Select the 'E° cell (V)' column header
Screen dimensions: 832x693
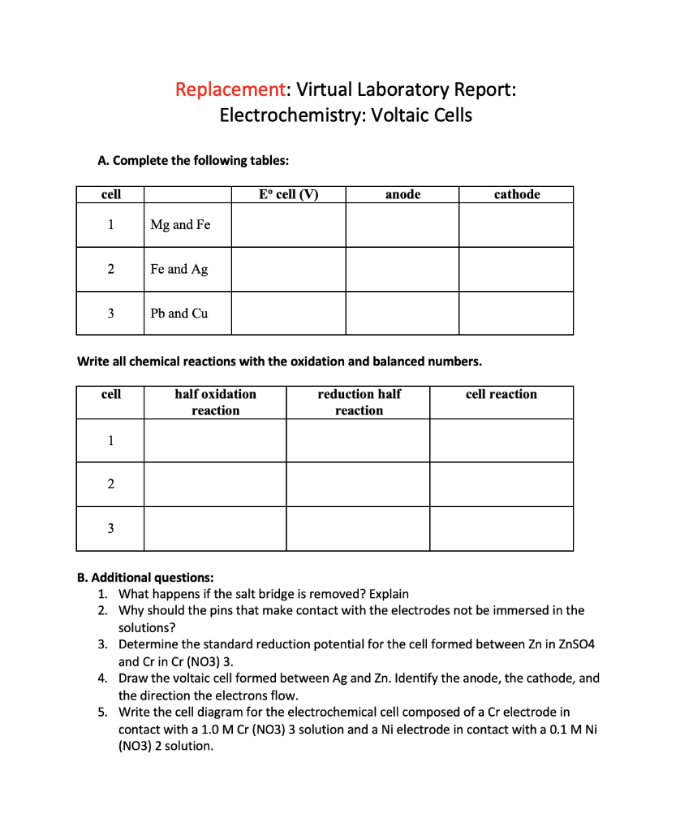click(288, 194)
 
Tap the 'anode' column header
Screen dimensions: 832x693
click(402, 194)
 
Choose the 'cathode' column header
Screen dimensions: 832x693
click(516, 194)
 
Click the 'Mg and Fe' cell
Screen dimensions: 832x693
click(180, 225)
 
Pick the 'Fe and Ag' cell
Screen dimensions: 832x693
click(179, 269)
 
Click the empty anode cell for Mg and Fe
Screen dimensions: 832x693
click(402, 225)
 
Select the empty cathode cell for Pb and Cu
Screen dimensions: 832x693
click(516, 313)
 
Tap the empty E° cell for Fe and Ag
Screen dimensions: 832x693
click(288, 269)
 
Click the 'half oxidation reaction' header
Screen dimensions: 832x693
click(215, 402)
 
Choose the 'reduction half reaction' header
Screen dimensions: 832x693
click(359, 402)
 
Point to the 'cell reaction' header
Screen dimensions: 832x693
click(501, 395)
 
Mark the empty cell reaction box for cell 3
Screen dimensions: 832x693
click(501, 529)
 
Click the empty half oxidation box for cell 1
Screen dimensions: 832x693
click(215, 441)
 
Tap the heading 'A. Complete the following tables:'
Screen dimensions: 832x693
click(192, 160)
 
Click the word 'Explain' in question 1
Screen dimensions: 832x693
click(389, 593)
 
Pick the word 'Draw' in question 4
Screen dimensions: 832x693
click(135, 678)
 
